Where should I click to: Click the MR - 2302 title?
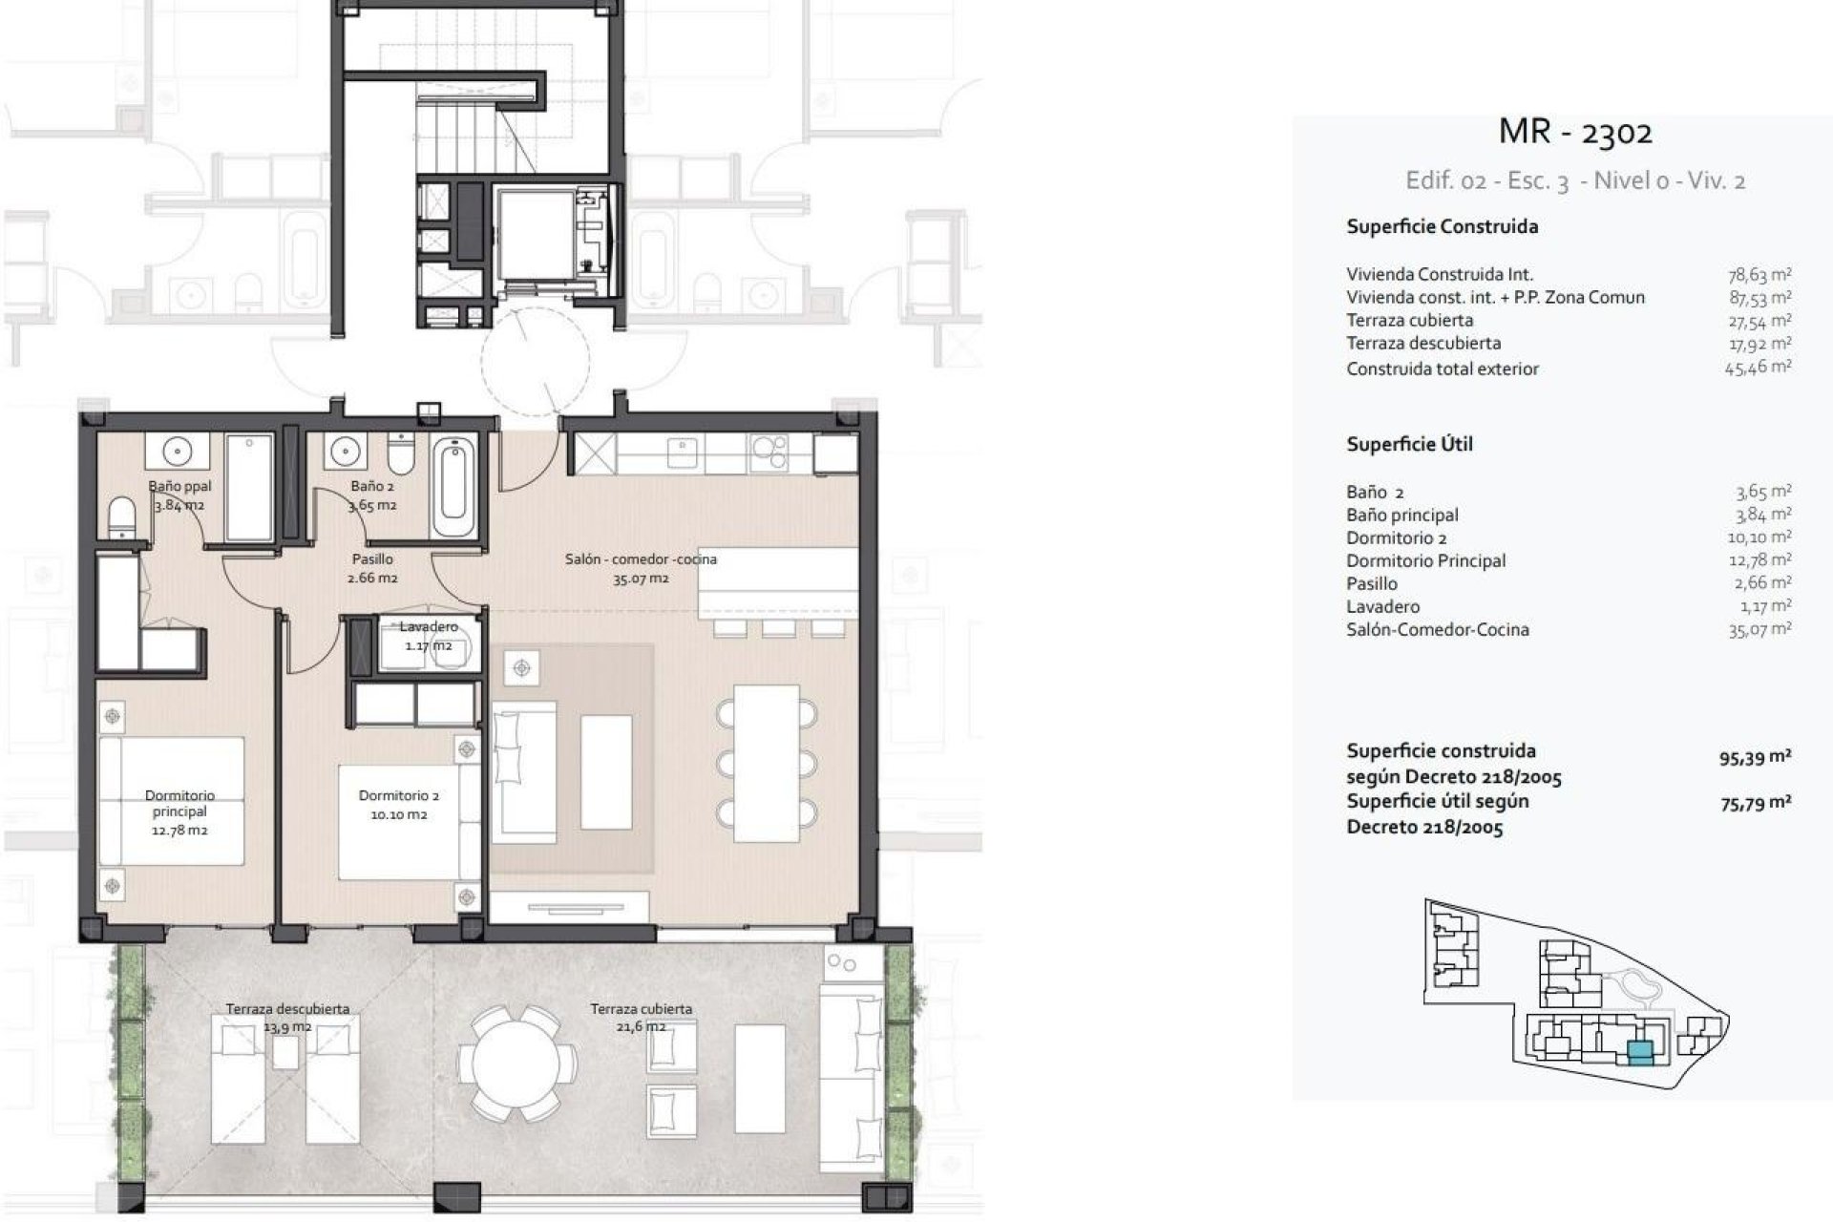click(1574, 132)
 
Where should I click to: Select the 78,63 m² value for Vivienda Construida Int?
click(1759, 275)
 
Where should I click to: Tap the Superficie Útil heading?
click(1409, 444)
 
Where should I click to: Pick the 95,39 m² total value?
click(1755, 758)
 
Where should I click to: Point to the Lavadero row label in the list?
click(1382, 606)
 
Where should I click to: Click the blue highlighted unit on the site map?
click(1639, 1052)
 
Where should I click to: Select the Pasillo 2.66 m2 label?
click(372, 568)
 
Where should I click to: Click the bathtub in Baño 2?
click(452, 488)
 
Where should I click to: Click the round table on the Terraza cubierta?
click(516, 1063)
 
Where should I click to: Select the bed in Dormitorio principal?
click(172, 800)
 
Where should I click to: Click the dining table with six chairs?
click(767, 763)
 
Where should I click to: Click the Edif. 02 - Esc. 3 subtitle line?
click(1575, 180)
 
